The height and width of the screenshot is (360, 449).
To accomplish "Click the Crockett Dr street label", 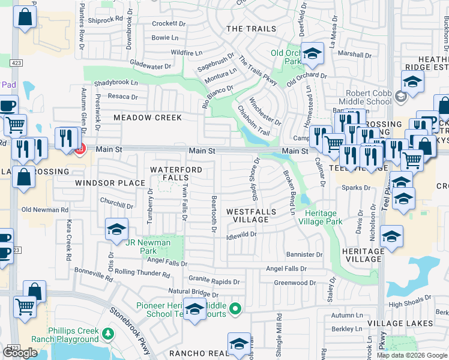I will (169, 24).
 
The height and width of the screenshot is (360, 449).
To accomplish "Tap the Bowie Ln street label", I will (165, 38).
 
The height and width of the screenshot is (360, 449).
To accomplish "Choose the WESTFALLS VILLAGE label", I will (252, 215).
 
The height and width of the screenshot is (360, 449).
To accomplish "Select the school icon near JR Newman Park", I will (116, 229).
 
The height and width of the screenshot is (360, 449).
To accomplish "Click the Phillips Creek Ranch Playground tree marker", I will (108, 333).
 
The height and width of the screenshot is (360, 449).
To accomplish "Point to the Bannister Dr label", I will (304, 255).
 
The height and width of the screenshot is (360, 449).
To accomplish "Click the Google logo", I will (20, 353).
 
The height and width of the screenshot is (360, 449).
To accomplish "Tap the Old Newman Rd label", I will (44, 210).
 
